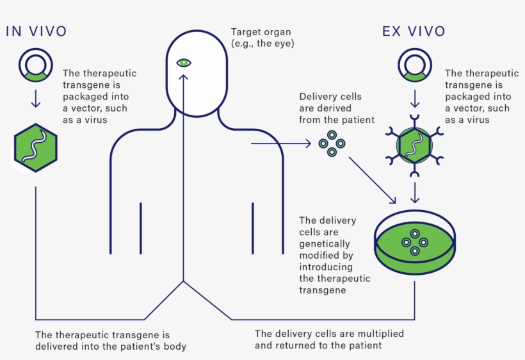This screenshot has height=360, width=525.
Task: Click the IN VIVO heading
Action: (x=36, y=31)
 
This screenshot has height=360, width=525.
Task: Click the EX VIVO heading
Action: (x=414, y=31)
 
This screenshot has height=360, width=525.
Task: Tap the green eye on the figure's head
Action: (x=184, y=63)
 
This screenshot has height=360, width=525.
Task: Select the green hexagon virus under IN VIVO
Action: (x=36, y=148)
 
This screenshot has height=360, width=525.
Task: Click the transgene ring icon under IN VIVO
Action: (x=36, y=66)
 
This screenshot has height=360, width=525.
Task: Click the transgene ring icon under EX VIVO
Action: (x=415, y=66)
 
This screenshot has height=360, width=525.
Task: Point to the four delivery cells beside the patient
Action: (x=332, y=143)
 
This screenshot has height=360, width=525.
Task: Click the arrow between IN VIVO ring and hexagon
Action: (x=36, y=97)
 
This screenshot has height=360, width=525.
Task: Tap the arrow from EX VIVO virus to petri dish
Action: (x=415, y=192)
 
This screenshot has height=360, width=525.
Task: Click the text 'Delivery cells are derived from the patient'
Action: (x=336, y=108)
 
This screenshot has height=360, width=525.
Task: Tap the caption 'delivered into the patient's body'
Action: (x=110, y=347)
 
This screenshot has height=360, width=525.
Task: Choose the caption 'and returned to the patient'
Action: (x=318, y=345)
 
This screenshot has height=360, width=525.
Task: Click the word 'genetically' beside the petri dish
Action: (x=325, y=243)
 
